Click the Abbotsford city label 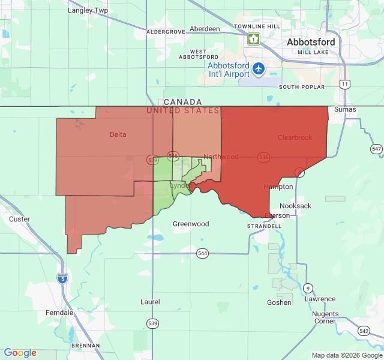(x=311, y=43)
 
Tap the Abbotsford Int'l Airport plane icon (x=259, y=69)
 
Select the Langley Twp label (x=88, y=10)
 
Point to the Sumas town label (x=345, y=110)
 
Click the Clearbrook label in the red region (x=295, y=137)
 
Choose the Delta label (x=118, y=134)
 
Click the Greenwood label (x=191, y=224)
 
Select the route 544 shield (x=202, y=254)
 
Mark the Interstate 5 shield (x=62, y=278)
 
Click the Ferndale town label (x=59, y=313)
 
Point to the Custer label (x=19, y=219)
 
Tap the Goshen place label (x=279, y=302)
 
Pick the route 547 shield (x=376, y=149)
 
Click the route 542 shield (x=364, y=331)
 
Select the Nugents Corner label (x=325, y=317)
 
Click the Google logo (x=20, y=353)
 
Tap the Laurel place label (x=150, y=302)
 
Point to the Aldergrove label (x=166, y=31)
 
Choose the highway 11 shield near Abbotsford (x=344, y=84)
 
